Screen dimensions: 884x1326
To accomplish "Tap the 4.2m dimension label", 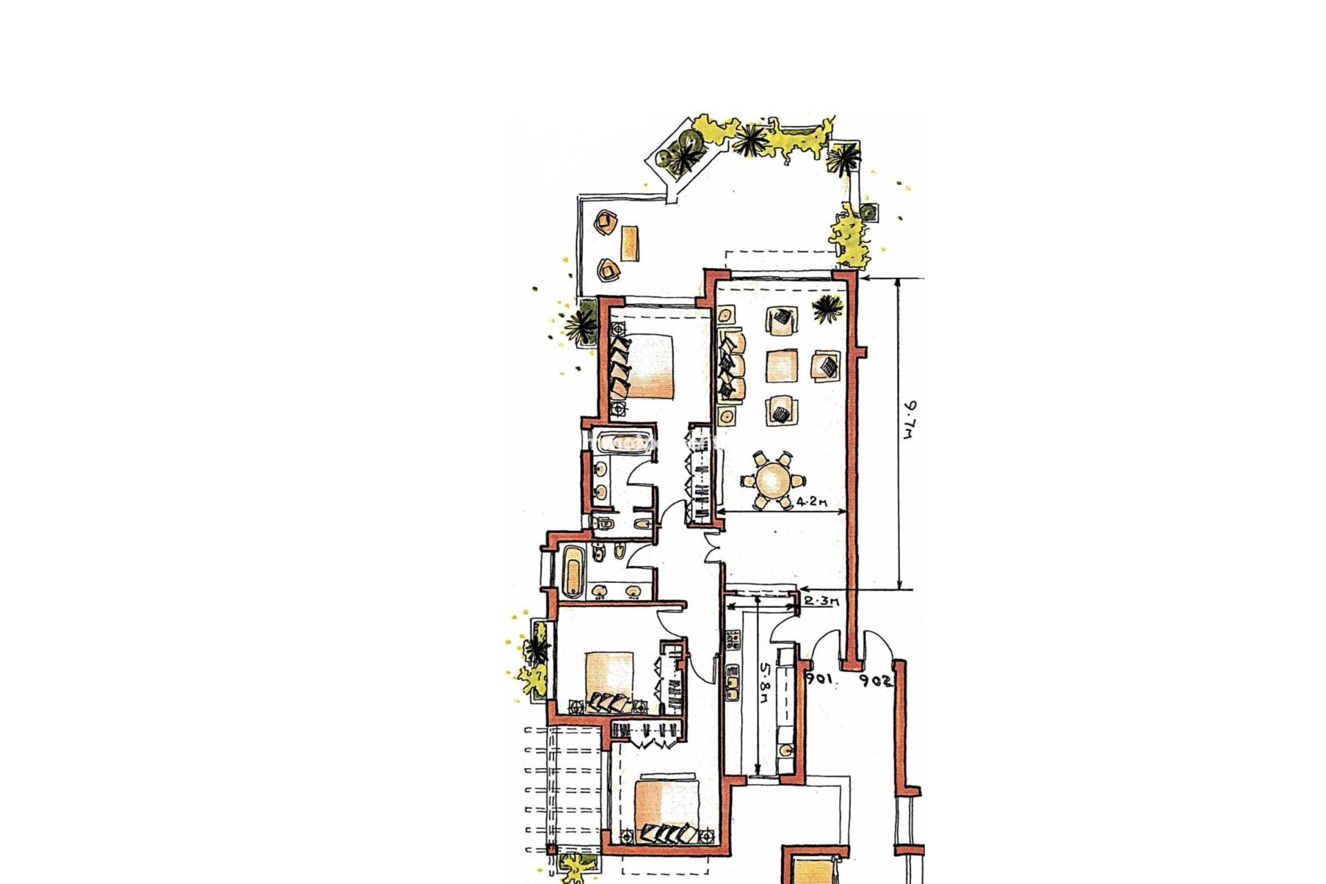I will tap(811, 502).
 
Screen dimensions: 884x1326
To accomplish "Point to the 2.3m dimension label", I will tap(822, 602).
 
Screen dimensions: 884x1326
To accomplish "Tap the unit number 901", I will tap(819, 680).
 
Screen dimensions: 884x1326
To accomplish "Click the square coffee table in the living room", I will tap(782, 365).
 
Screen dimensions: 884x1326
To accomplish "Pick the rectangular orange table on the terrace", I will tap(629, 243).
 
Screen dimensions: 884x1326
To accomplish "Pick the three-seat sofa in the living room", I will tap(731, 365).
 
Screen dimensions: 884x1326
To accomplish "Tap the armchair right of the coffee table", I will tap(826, 364).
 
